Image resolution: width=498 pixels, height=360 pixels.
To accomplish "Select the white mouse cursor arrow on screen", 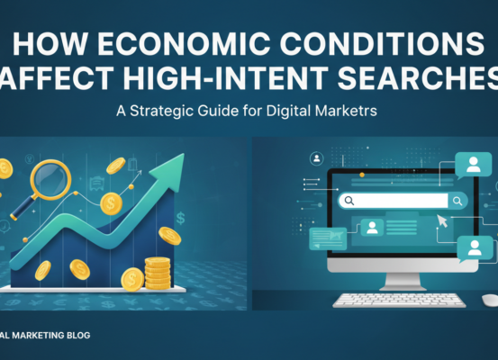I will (442, 220).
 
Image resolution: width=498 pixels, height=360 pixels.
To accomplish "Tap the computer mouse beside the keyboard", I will (489, 297).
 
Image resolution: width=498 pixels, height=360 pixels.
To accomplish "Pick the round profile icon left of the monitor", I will (317, 159).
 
